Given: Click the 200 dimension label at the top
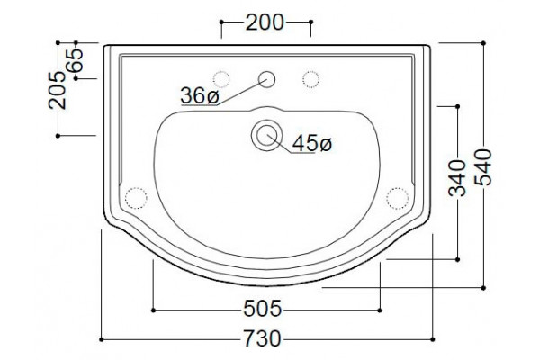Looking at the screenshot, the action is point(265,22).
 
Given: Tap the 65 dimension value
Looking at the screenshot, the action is point(75,60).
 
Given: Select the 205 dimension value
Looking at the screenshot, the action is point(58,90).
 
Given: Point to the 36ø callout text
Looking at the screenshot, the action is point(200,95).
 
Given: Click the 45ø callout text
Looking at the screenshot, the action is point(312,143).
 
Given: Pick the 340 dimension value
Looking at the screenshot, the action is point(457,178).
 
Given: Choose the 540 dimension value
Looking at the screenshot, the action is point(483,167).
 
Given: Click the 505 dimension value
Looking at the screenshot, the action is point(263,309).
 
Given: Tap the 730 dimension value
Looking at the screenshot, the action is point(263,338).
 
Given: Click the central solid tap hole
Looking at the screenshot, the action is point(267,79).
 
